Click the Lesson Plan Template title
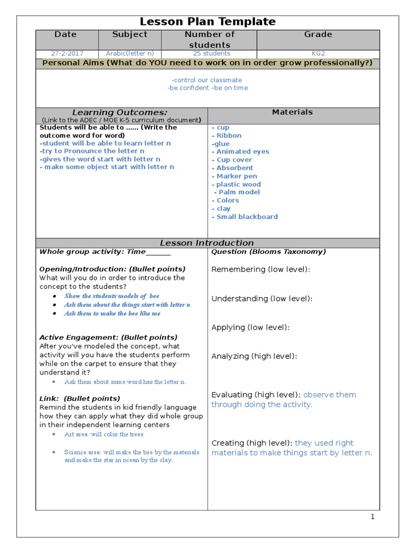[x=207, y=22]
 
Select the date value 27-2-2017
[x=66, y=53]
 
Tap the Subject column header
[x=129, y=35]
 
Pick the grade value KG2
[x=318, y=53]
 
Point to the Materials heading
[x=292, y=112]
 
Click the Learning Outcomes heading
[x=120, y=112]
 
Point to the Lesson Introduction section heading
[x=207, y=243]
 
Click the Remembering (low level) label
[x=260, y=269]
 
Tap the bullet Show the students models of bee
[x=112, y=296]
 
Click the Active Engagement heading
[x=108, y=338]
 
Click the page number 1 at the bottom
[x=372, y=517]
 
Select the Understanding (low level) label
[x=262, y=299]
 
